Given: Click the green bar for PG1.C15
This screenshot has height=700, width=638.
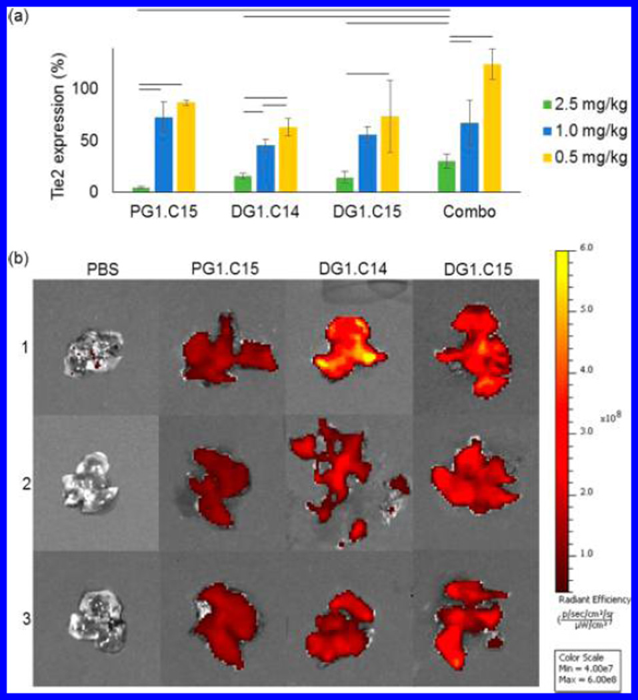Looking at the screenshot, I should pyautogui.click(x=141, y=189).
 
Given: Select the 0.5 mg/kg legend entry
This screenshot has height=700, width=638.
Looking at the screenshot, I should pyautogui.click(x=585, y=160).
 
